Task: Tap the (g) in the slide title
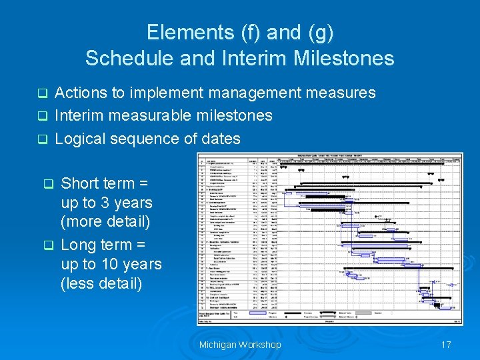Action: [316, 32]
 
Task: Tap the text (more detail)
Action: [105, 221]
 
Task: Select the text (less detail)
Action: [101, 283]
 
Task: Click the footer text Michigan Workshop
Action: [240, 345]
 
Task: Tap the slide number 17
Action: [446, 345]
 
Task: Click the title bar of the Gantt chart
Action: [330, 155]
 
